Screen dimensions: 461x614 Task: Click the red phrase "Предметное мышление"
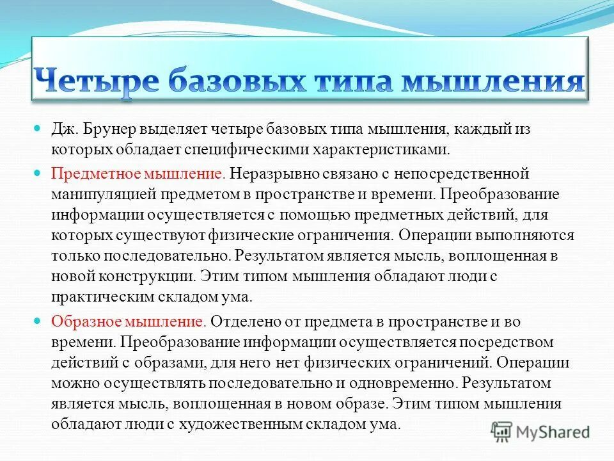(138, 173)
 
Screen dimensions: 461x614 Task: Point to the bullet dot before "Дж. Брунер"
(37, 129)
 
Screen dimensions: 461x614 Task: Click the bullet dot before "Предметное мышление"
(37, 173)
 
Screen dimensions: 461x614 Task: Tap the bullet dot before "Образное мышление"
(37, 320)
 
